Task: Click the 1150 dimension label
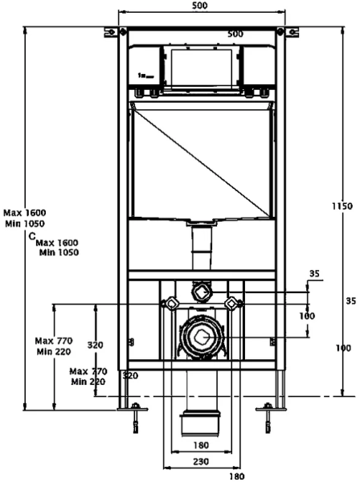click(x=342, y=206)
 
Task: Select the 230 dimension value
click(x=201, y=461)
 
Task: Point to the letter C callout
click(x=32, y=236)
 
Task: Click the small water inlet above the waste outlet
click(x=202, y=291)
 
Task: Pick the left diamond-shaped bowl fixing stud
click(x=171, y=304)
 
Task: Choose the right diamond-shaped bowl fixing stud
click(x=231, y=304)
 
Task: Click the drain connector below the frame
click(x=200, y=423)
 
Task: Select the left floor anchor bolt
click(x=135, y=418)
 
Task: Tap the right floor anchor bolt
click(x=268, y=418)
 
